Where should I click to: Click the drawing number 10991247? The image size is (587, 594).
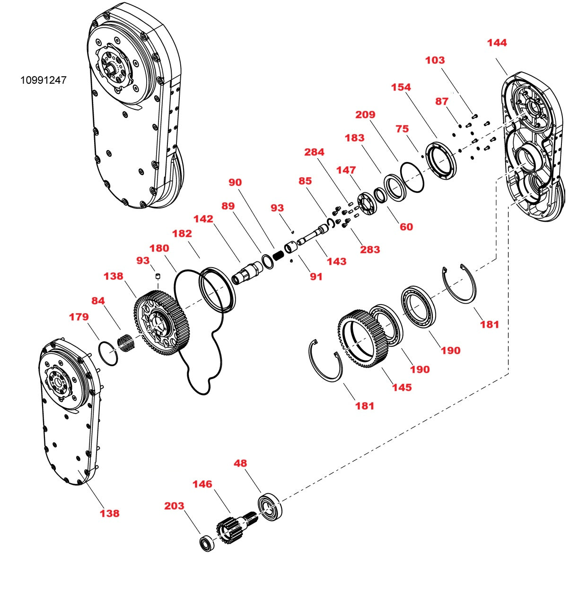(x=43, y=80)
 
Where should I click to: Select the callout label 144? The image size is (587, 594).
(x=497, y=43)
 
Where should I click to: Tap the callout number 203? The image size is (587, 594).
(x=174, y=506)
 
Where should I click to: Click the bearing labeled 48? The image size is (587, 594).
(x=270, y=507)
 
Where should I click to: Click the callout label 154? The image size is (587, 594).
(x=401, y=87)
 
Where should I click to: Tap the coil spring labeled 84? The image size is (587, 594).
(x=125, y=342)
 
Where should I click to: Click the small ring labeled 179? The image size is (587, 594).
(x=108, y=353)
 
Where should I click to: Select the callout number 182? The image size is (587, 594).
(x=182, y=234)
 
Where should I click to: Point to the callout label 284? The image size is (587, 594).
(x=314, y=152)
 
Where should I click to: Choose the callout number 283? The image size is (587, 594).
(x=370, y=250)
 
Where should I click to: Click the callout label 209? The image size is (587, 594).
(x=365, y=115)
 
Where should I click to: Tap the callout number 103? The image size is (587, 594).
(x=435, y=60)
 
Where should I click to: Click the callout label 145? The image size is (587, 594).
(x=402, y=387)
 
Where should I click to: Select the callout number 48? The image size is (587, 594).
(x=240, y=463)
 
